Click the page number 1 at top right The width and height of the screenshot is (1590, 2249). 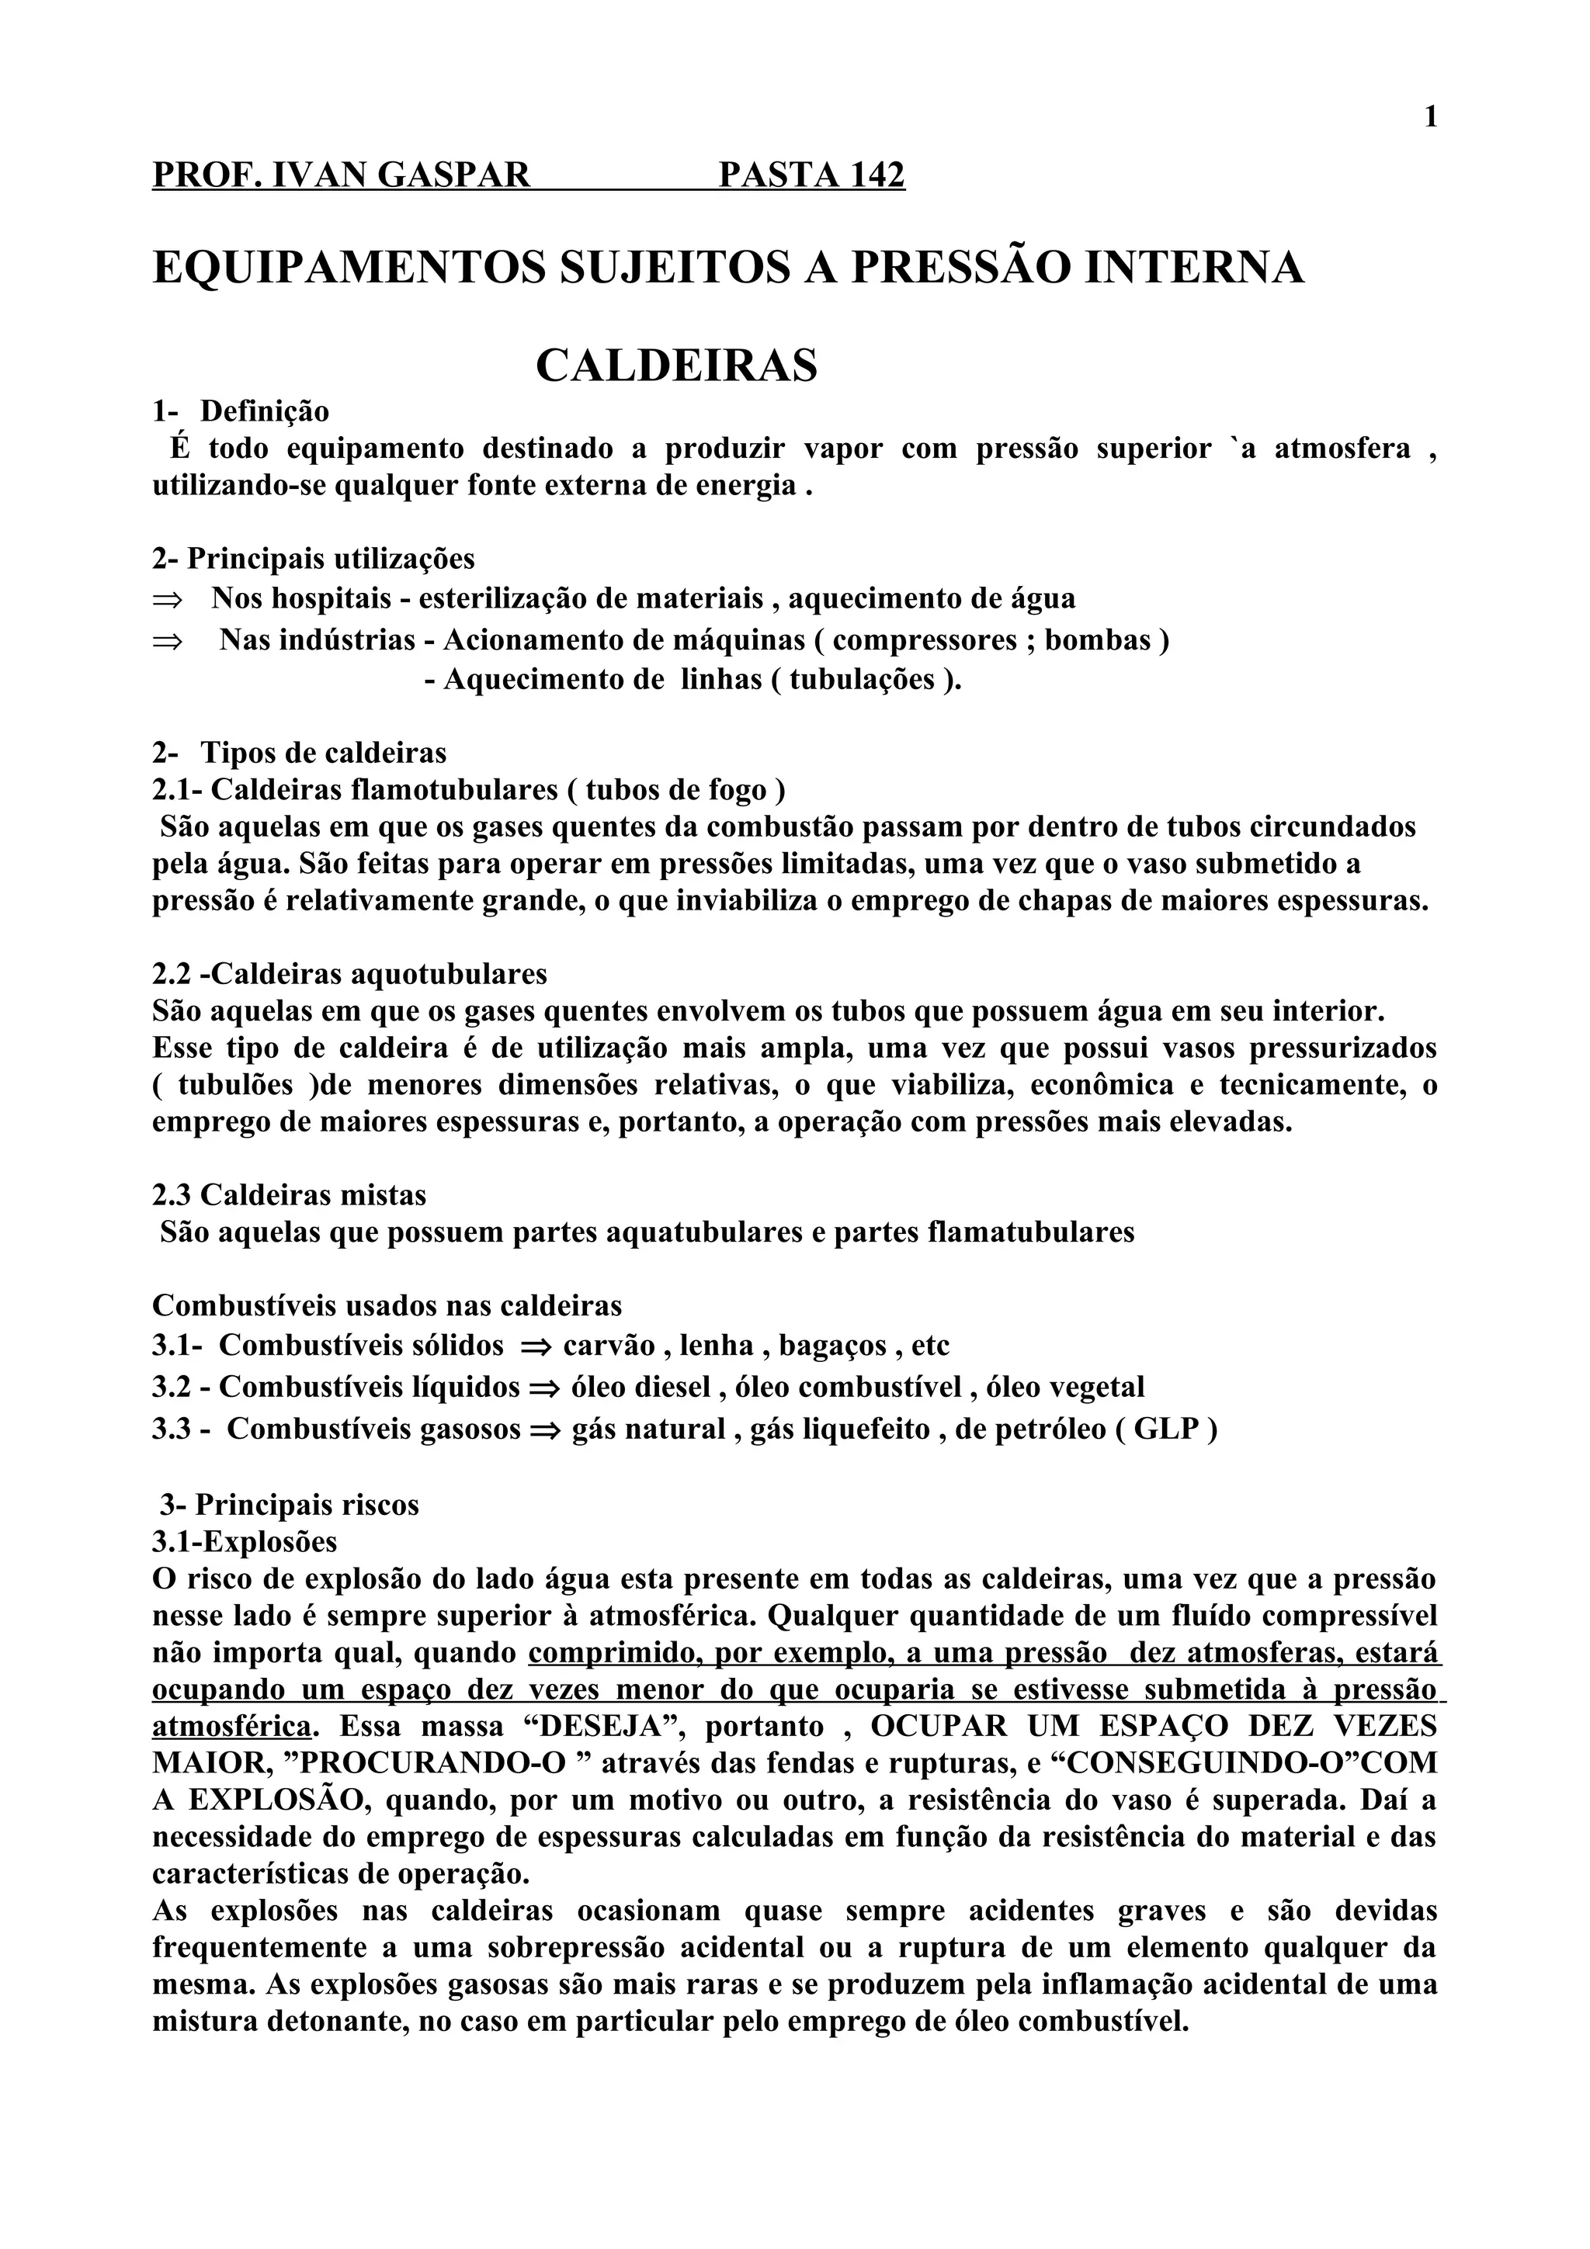click(x=1430, y=119)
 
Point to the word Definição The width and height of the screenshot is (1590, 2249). click(x=265, y=411)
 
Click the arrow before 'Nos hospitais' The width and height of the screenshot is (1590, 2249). click(x=168, y=599)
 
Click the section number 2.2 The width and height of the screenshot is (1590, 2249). click(x=172, y=975)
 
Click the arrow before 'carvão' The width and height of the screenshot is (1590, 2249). click(x=536, y=1348)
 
